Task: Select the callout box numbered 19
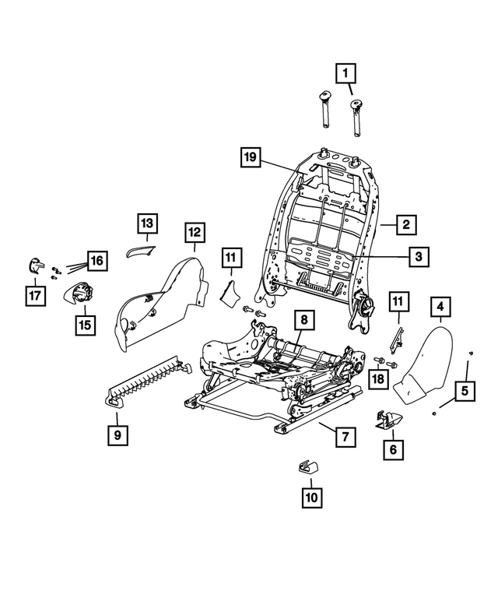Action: [x=250, y=158]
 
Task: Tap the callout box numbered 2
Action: [x=405, y=225]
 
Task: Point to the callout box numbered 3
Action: [x=418, y=255]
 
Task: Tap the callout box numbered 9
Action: [x=117, y=436]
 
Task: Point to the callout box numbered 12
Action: [x=194, y=231]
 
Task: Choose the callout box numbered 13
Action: [x=148, y=224]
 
